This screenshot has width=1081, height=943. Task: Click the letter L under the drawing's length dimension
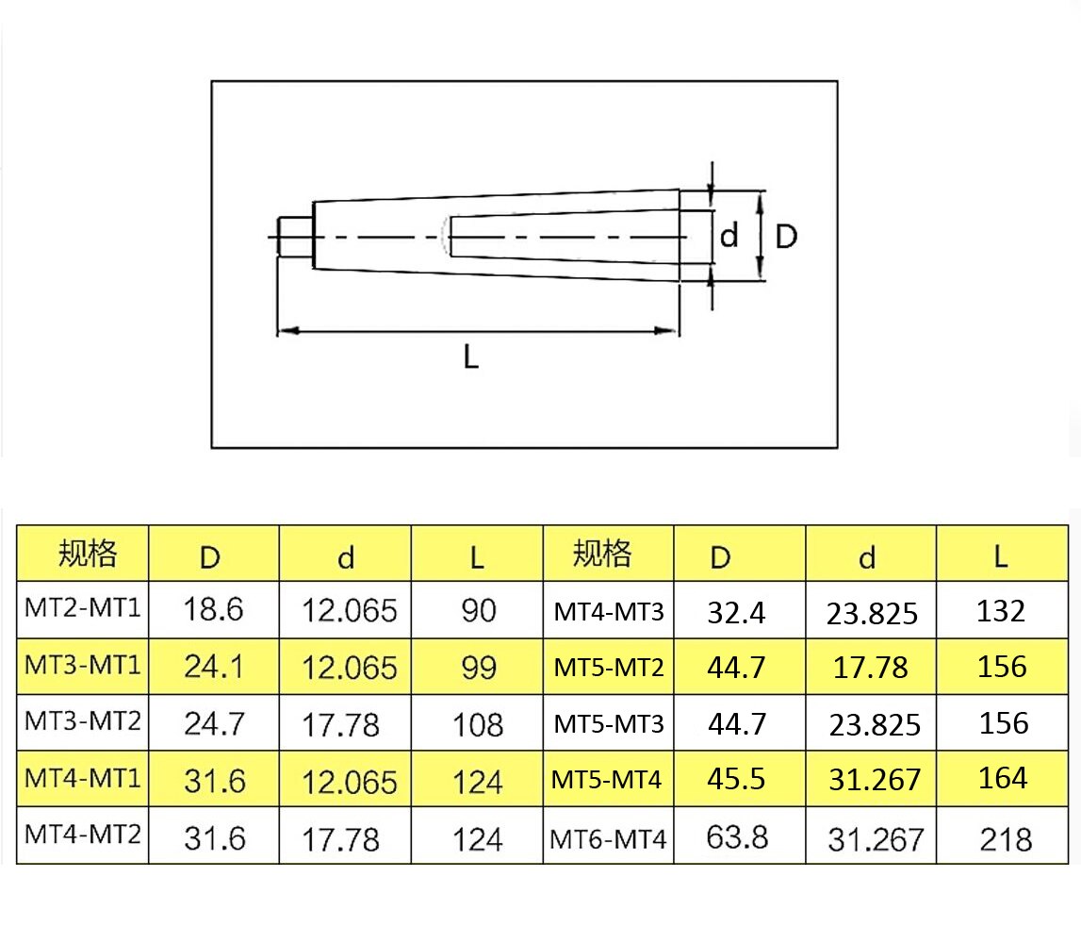[471, 357]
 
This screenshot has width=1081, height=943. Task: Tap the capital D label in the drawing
[786, 237]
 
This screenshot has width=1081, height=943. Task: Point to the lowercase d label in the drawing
[729, 237]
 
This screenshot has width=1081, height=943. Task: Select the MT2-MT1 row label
[83, 609]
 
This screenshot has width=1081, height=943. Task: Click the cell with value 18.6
[214, 609]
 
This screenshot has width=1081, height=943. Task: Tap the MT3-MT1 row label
[83, 666]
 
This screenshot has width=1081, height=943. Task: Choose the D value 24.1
[214, 668]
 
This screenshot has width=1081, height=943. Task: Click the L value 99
[479, 668]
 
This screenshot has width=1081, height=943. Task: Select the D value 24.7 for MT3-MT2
[214, 724]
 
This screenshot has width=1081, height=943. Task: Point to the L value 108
[479, 725]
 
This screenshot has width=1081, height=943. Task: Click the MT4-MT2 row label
[83, 835]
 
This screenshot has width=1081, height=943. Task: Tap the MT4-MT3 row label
[608, 612]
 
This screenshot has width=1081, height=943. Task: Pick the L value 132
[1001, 611]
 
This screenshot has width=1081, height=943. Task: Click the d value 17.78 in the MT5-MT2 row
[871, 668]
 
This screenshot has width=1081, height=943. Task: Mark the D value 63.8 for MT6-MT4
[737, 836]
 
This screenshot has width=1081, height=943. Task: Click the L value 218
[1005, 838]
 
